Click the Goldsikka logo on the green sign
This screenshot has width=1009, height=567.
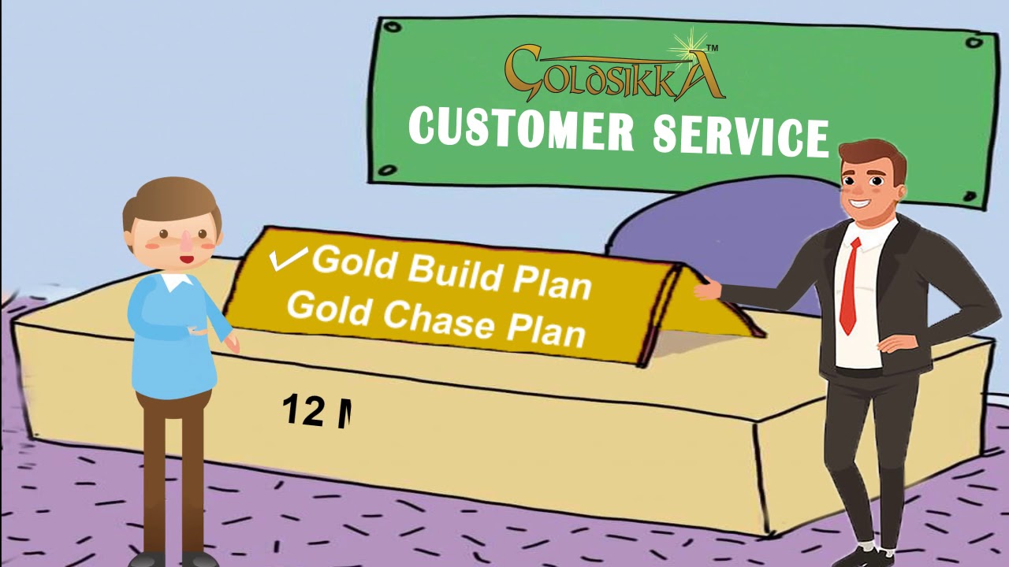[613, 72]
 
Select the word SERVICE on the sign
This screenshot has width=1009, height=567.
[740, 135]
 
